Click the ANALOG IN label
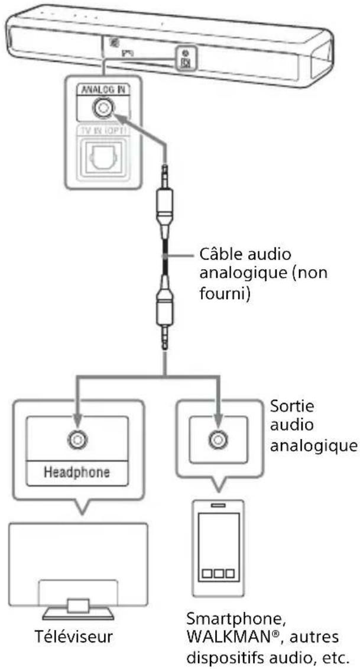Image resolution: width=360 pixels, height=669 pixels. pos(102,91)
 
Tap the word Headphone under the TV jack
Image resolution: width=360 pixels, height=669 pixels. pos(77,473)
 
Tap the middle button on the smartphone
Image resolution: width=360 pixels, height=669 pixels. pos(219,574)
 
